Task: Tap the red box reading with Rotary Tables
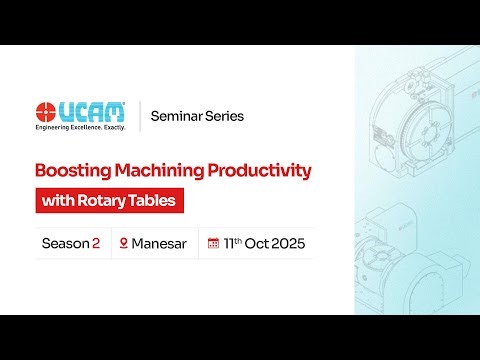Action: (110, 200)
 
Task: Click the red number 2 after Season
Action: (96, 243)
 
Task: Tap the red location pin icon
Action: (124, 243)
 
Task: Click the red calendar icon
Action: (213, 243)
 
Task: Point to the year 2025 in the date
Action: (285, 243)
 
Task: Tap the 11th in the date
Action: (233, 243)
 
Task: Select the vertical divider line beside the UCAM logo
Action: (138, 116)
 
